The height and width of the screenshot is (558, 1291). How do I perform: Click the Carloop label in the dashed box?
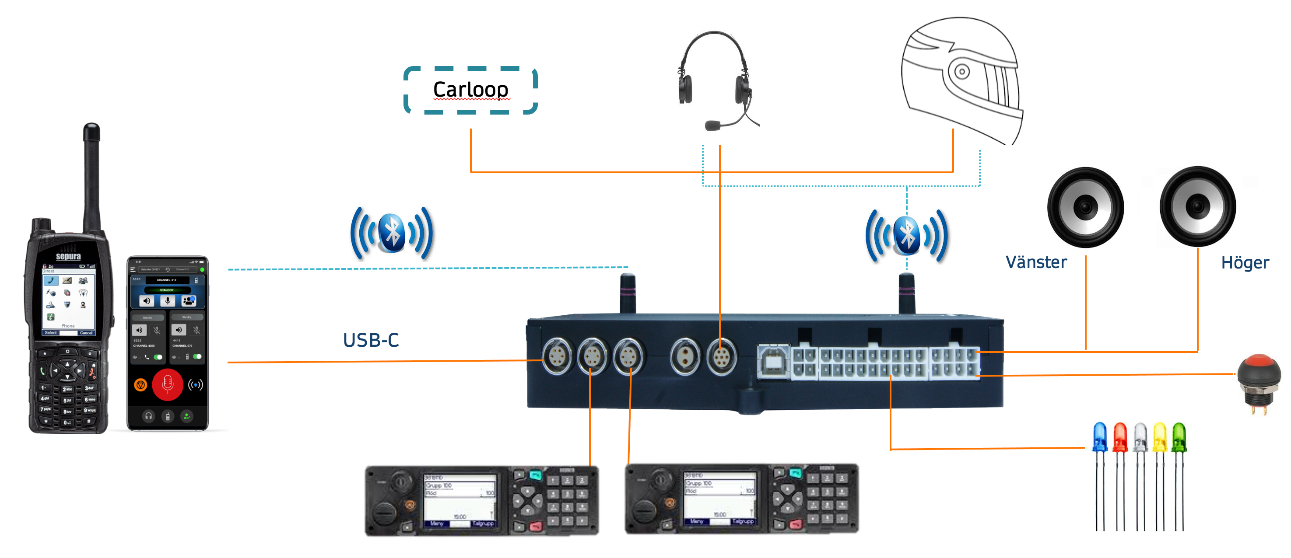[470, 90]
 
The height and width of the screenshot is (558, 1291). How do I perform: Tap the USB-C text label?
[371, 340]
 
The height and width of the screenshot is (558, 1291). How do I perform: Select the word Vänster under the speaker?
[1036, 262]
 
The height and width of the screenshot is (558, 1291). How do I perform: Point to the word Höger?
[1245, 263]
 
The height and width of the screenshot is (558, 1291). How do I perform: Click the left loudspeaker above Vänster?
[1085, 207]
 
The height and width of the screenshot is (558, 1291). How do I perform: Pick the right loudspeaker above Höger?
[1198, 206]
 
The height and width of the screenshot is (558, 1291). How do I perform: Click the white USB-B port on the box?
[773, 360]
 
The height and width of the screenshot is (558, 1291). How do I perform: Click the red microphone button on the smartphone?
[167, 384]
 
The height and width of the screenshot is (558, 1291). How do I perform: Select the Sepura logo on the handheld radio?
[68, 256]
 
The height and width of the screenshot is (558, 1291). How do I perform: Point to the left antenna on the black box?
[628, 293]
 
